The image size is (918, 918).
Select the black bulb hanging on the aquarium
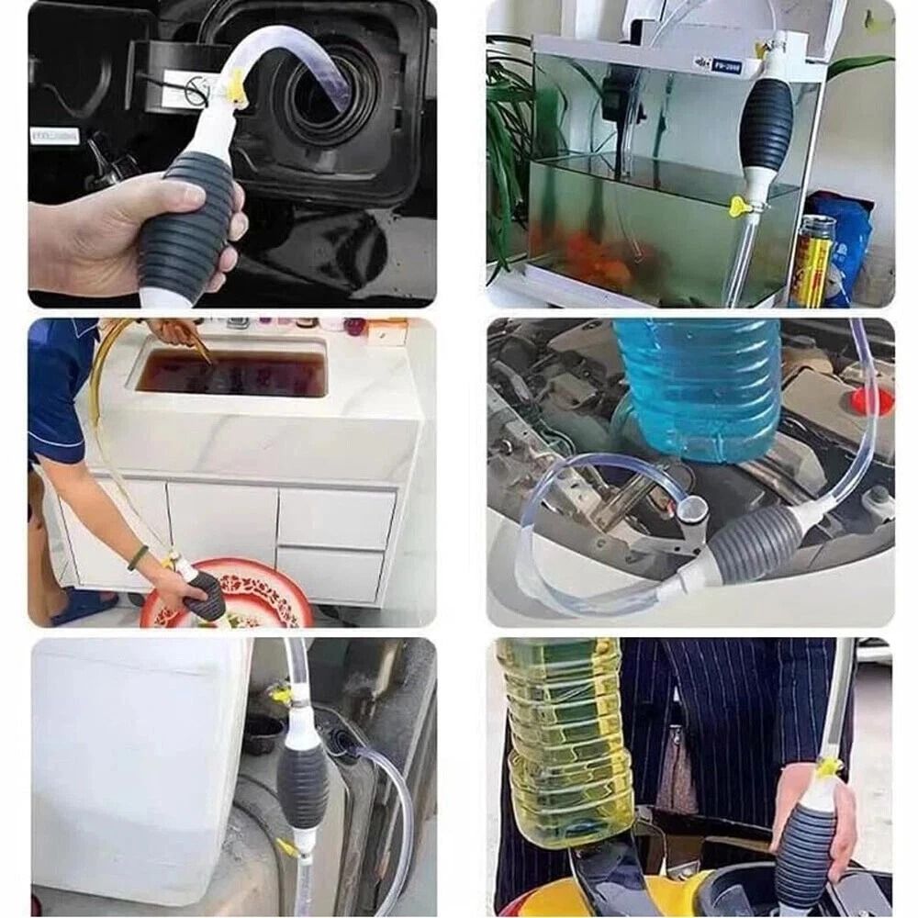click(x=767, y=124)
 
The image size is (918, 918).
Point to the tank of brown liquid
click(x=231, y=372)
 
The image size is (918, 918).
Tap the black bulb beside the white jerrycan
click(x=302, y=780)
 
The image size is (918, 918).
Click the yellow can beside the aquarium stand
click(x=812, y=262)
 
